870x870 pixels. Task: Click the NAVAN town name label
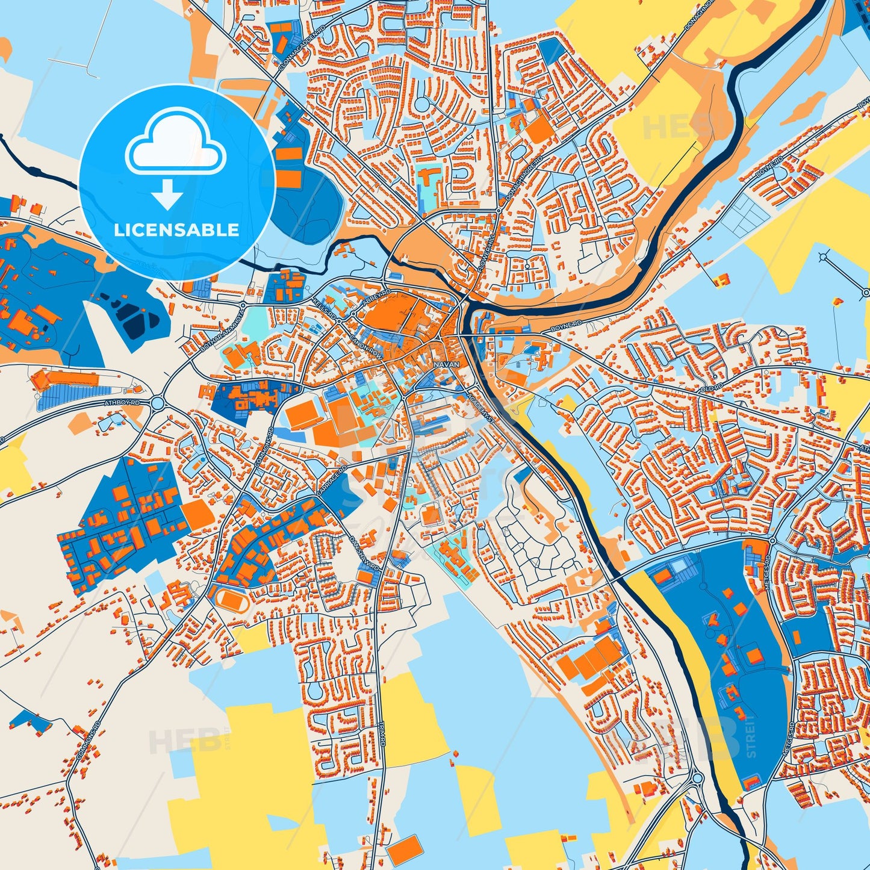coord(446,364)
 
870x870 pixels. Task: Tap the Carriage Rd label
coord(332,480)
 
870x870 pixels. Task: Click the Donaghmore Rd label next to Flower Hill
coord(521,181)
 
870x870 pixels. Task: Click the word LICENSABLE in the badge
coord(176,230)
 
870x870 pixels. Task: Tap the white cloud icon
coord(175,142)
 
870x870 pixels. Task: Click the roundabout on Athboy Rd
coord(159,402)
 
